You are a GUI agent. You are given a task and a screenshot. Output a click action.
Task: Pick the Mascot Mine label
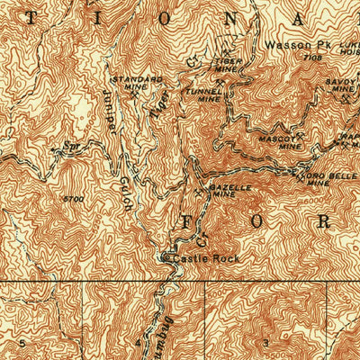click(x=275, y=141)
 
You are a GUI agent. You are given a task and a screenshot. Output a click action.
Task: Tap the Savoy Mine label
click(x=342, y=85)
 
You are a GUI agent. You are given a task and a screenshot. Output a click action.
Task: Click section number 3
click(x=265, y=343)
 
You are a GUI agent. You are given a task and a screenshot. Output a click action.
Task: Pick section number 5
click(x=19, y=343)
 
